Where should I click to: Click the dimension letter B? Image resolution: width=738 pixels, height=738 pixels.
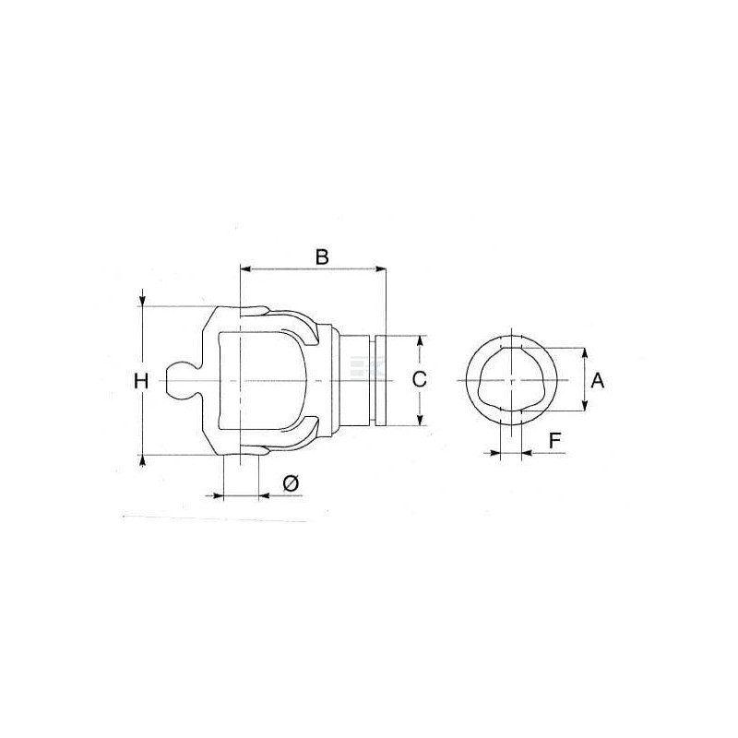click(x=322, y=257)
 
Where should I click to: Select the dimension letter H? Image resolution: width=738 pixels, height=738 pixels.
click(x=141, y=381)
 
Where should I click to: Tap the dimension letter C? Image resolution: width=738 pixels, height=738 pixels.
click(x=420, y=379)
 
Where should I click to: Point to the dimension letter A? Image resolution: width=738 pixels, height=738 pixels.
click(x=597, y=380)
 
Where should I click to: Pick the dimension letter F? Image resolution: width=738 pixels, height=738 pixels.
click(x=555, y=441)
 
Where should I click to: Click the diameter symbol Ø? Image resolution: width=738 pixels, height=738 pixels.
click(x=291, y=483)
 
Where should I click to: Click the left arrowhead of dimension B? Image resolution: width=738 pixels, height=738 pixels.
click(x=245, y=268)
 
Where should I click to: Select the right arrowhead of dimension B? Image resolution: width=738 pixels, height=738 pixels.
click(x=380, y=268)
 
